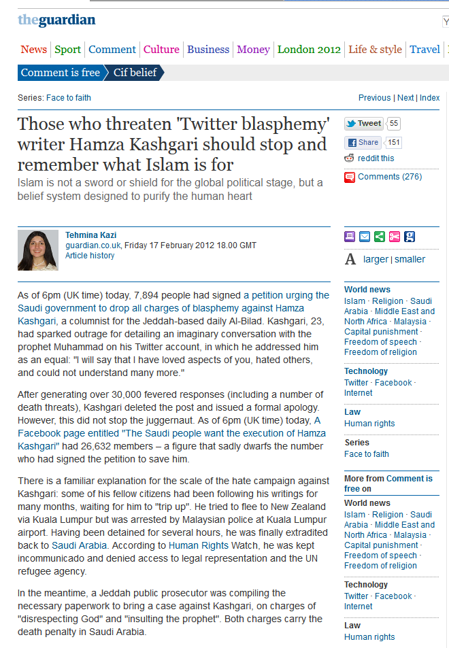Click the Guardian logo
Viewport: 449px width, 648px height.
click(56, 20)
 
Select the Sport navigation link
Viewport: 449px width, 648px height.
click(67, 49)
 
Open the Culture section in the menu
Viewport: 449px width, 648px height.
click(161, 49)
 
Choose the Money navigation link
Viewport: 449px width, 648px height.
click(253, 49)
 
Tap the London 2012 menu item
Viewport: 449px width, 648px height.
click(309, 49)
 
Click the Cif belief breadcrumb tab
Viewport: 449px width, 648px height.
click(135, 73)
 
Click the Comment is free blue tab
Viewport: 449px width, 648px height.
click(60, 73)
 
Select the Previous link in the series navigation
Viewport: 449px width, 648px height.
click(374, 98)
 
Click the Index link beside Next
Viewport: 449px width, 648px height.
click(429, 98)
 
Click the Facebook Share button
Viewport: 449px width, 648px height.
click(363, 143)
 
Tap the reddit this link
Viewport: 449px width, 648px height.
click(376, 158)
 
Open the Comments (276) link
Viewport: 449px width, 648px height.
click(390, 177)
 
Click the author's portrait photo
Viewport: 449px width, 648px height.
click(38, 250)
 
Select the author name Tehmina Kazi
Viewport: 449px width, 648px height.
click(90, 235)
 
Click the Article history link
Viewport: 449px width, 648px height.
click(90, 256)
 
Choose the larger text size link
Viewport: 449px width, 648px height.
click(376, 259)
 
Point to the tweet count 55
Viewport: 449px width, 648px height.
click(394, 124)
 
